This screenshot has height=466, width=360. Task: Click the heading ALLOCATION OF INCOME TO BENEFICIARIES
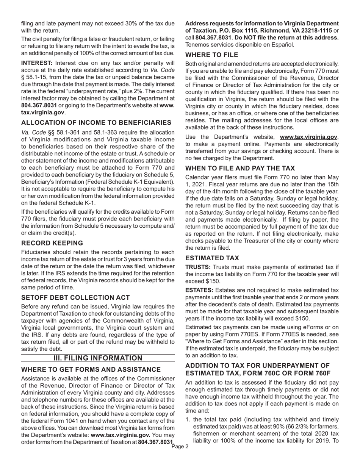[96, 122]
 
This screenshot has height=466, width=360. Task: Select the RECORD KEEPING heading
[52, 243]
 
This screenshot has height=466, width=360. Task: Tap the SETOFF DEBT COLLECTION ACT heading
[75, 297]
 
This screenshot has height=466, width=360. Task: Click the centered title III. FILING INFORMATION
[98, 358]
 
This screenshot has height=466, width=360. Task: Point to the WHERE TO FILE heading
[212, 55]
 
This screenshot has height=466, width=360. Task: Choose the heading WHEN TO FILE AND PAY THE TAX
[240, 168]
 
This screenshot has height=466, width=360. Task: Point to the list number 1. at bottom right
[188, 419]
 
